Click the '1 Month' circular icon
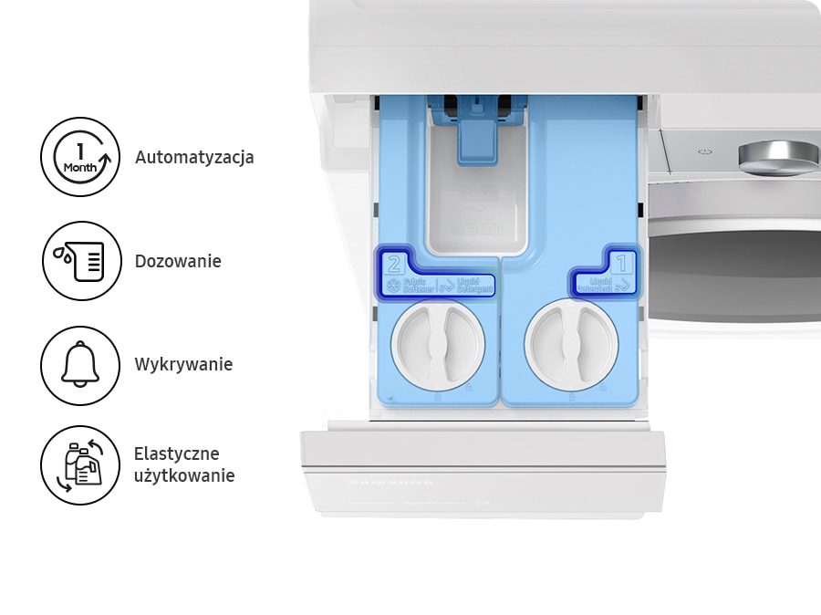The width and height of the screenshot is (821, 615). pyautogui.click(x=80, y=157)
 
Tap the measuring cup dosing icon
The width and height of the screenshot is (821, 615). pyautogui.click(x=80, y=261)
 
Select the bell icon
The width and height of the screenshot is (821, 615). pyautogui.click(x=80, y=365)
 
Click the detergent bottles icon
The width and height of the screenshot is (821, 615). pyautogui.click(x=80, y=465)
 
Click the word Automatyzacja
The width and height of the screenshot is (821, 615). pyautogui.click(x=194, y=157)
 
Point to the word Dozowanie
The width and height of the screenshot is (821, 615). pyautogui.click(x=178, y=261)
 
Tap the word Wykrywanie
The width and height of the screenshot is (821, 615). pyautogui.click(x=183, y=364)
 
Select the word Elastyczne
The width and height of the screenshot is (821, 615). pyautogui.click(x=176, y=453)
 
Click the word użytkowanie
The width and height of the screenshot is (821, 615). pyautogui.click(x=184, y=475)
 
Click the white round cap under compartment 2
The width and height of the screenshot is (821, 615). pyautogui.click(x=438, y=346)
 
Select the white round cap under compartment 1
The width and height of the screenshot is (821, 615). pyautogui.click(x=571, y=346)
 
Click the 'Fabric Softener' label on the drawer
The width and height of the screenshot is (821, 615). pyautogui.click(x=410, y=286)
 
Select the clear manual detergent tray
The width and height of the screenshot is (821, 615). pyautogui.click(x=474, y=210)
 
